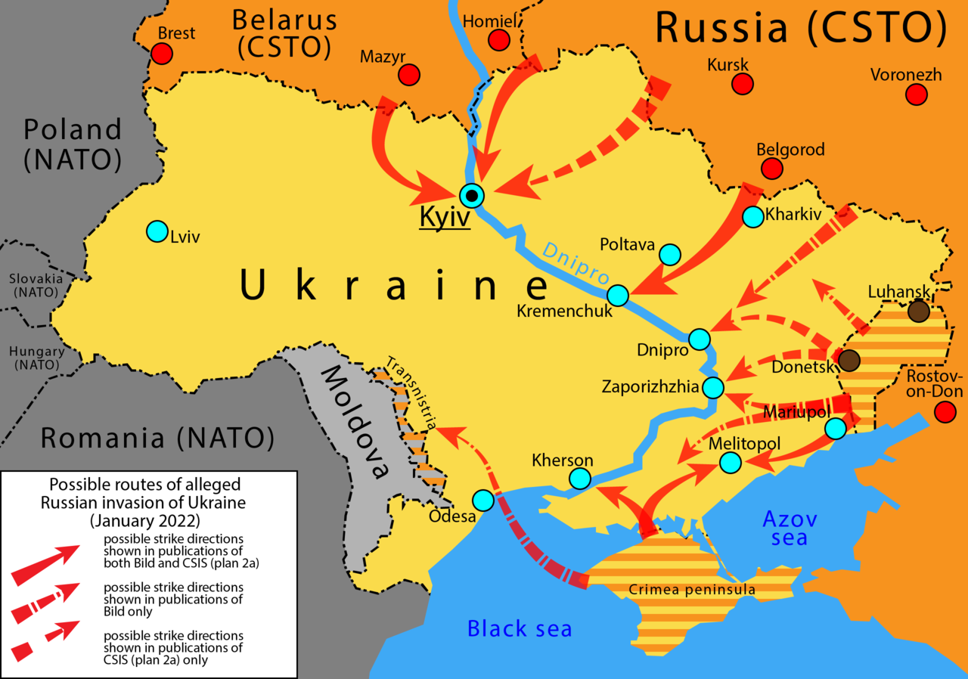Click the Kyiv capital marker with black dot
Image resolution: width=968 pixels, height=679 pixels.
pos(473,196)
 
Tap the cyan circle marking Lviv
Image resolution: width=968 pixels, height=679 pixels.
pos(157,231)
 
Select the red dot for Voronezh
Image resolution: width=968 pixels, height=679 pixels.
pos(917,95)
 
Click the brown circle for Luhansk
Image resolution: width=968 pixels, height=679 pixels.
pos(918,311)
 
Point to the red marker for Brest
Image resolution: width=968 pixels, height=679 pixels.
pos(161,54)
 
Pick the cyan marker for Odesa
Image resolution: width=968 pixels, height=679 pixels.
pos(483,500)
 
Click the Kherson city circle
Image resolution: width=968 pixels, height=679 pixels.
pos(580,478)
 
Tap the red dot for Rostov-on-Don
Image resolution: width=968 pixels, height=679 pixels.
pos(945,412)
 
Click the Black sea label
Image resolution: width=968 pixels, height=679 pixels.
pos(520,628)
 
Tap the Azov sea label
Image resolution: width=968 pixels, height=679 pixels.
pos(789,529)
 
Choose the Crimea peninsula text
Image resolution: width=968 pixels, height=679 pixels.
pos(692,590)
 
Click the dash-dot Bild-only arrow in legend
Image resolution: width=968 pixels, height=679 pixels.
pos(45,603)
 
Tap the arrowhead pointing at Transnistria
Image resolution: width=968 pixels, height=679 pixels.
pos(446,432)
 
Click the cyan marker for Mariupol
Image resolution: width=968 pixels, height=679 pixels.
pos(835,429)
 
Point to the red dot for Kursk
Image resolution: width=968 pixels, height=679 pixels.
pos(743,85)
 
